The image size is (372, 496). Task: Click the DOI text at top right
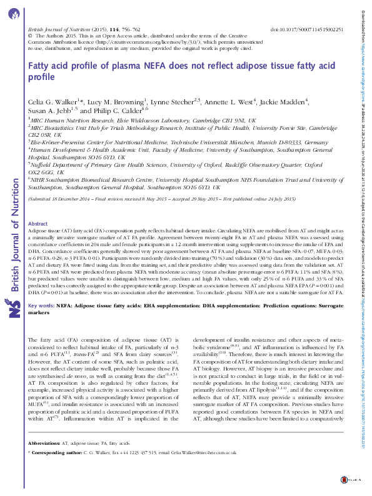point(307,29)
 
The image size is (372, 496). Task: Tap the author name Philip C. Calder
point(116,111)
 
